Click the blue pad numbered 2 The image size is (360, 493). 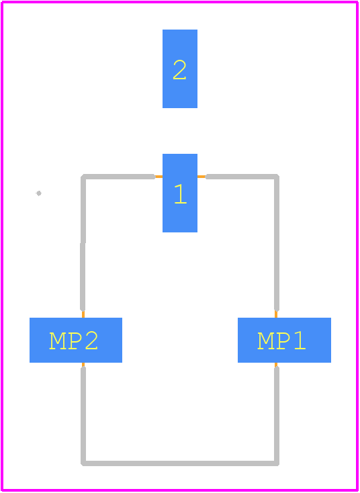coord(180,69)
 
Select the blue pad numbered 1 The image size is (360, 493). coord(180,193)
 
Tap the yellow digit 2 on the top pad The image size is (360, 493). coord(179,69)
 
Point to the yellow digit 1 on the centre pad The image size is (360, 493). coord(181,194)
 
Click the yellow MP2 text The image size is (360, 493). coord(74,340)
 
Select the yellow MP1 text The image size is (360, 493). coord(281,340)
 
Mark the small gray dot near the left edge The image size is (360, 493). coord(39,193)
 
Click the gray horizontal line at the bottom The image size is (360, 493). coord(180,463)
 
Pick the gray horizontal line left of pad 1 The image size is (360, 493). coord(118,177)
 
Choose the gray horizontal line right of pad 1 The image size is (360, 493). coord(242,177)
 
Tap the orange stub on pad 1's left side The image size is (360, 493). coord(159,177)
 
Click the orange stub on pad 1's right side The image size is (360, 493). coord(201,177)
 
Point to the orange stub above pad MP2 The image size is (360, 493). coord(83,314)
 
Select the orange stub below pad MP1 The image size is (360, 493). coord(276,365)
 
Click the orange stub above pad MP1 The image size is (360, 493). coord(276,314)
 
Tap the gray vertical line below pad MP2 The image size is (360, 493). coord(83,416)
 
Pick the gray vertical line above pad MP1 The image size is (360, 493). coord(277,242)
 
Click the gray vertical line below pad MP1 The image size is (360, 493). coord(277,416)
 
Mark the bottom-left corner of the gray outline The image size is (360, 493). coord(83,463)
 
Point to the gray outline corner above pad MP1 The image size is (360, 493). coord(277,177)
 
